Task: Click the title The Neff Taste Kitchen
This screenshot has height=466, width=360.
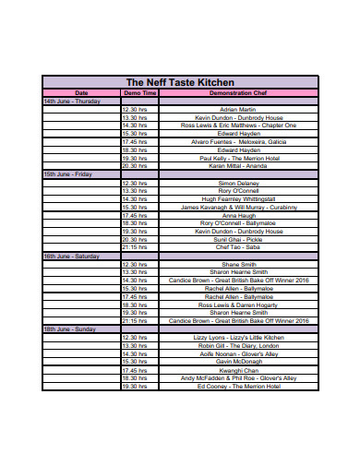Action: coord(179,82)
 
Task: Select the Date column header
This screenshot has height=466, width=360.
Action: coord(81,93)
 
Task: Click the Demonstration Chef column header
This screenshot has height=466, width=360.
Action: coord(238,93)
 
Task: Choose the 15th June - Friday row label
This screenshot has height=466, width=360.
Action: coord(67,173)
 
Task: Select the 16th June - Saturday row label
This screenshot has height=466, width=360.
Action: coord(70,255)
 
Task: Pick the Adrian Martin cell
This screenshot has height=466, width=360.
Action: coord(238,109)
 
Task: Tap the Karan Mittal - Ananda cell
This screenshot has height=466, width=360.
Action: coord(238,166)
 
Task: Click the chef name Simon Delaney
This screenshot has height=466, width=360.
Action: coord(238,183)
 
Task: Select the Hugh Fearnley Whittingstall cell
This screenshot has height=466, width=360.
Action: coord(238,198)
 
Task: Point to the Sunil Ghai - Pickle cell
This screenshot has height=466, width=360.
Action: coord(238,239)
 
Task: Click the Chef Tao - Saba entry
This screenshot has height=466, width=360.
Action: coord(238,247)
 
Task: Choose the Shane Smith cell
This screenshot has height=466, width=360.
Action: coord(238,264)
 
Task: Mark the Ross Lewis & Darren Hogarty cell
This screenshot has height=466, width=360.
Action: coord(238,304)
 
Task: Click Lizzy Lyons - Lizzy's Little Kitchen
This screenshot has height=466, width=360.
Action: coord(238,337)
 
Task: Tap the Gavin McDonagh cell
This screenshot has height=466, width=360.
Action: coord(238,361)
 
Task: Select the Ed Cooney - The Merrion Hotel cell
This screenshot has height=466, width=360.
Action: coord(238,386)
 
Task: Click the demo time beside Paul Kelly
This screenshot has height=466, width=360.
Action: coord(135,158)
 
